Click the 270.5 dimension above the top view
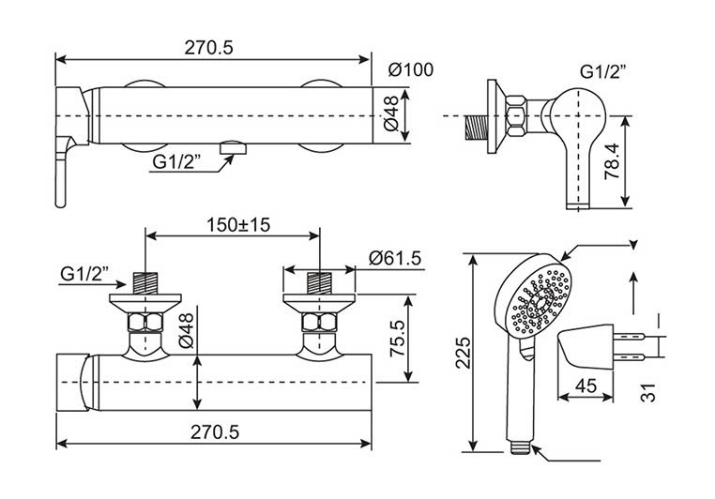pos(208,48)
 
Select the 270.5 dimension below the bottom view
pos(215,431)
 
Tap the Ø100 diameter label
pos(411,69)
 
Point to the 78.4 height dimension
pos(613,161)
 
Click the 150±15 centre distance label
pos(238,224)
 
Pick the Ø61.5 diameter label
pos(395,258)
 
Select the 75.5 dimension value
pos(397,338)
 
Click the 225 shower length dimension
pos(464,353)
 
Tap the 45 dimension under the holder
pos(586,386)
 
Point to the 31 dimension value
pos(648,392)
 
